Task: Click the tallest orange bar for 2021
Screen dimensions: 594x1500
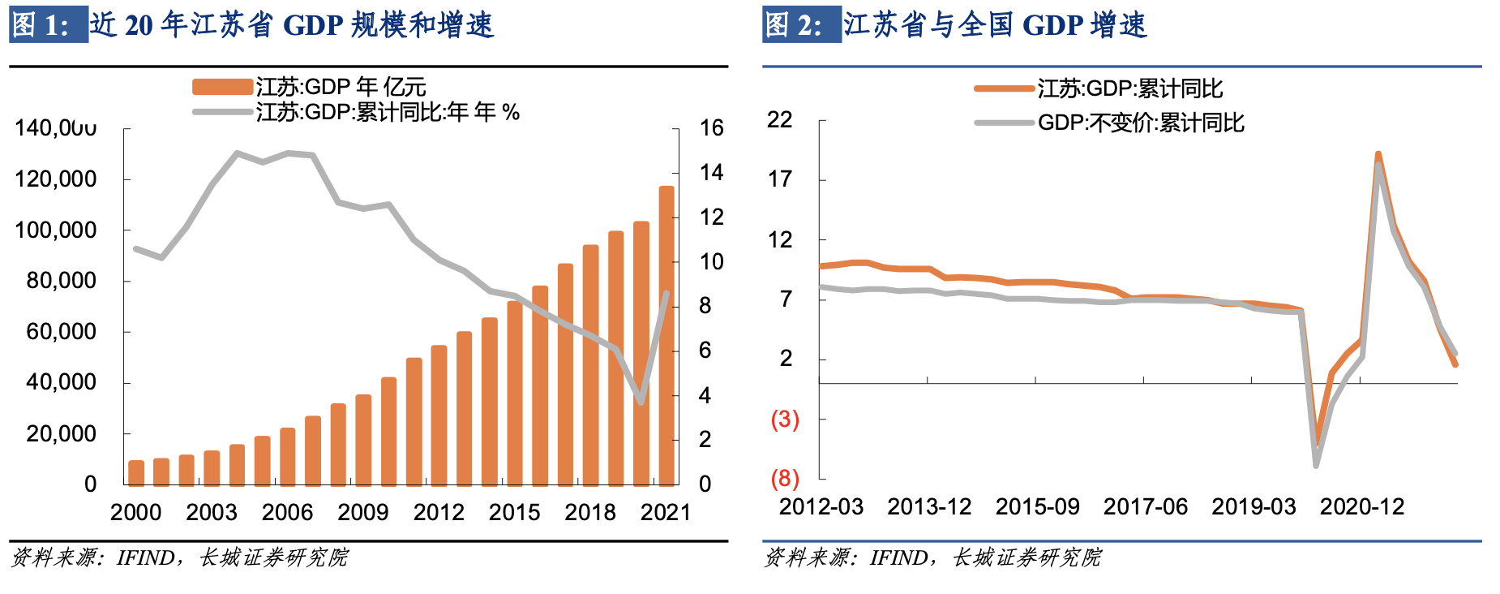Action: (x=666, y=335)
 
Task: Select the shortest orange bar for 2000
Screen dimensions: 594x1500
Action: (x=136, y=472)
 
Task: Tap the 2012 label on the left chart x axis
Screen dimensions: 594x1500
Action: (x=439, y=513)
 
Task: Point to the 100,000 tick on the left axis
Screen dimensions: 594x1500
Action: (x=56, y=230)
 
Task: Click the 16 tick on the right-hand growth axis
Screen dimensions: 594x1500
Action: (x=711, y=128)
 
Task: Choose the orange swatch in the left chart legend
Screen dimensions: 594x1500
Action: (x=222, y=87)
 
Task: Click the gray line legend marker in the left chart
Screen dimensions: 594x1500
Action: (x=222, y=112)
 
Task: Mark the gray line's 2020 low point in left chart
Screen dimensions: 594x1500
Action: (x=641, y=401)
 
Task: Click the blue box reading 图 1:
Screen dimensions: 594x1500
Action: (x=48, y=25)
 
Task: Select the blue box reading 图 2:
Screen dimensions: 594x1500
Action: (x=801, y=25)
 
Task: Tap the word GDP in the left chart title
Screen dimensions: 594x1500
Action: (x=314, y=25)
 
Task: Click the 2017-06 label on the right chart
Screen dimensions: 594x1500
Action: (x=1145, y=507)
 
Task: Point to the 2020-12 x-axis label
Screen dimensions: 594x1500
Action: (x=1361, y=507)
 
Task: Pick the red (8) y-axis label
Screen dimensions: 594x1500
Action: (x=785, y=478)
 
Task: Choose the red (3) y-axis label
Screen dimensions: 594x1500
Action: (x=785, y=419)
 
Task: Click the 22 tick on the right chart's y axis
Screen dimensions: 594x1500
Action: (x=780, y=120)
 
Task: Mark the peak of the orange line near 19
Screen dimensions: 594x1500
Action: (x=1378, y=153)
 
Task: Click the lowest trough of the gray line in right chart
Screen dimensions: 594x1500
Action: (x=1316, y=465)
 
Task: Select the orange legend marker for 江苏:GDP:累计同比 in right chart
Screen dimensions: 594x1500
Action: (x=1004, y=88)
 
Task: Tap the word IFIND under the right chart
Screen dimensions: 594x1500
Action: (x=898, y=558)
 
